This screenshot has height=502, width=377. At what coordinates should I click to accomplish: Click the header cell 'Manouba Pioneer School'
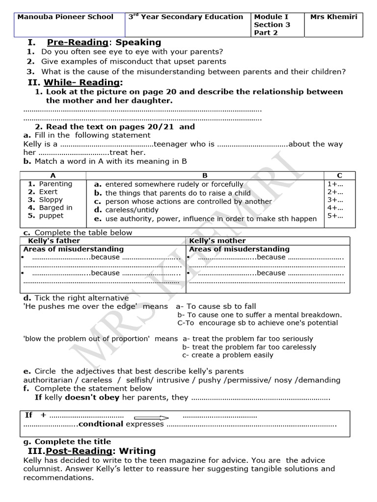pyautogui.click(x=65, y=17)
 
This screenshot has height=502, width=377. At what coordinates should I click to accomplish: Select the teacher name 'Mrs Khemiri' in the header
pyautogui.click(x=334, y=17)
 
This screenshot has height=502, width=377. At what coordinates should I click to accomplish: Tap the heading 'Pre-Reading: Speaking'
pyautogui.click(x=104, y=43)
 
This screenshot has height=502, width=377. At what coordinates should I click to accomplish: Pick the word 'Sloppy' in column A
pyautogui.click(x=51, y=200)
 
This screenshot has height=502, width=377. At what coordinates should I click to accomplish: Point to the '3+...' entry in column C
pyautogui.click(x=335, y=200)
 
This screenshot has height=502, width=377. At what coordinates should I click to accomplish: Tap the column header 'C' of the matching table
pyautogui.click(x=339, y=175)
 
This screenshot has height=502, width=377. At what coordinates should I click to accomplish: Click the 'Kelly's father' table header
pyautogui.click(x=54, y=241)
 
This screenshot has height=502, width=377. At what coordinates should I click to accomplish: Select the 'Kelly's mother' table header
pyautogui.click(x=217, y=241)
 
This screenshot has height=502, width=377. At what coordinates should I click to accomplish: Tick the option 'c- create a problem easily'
pyautogui.click(x=227, y=355)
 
